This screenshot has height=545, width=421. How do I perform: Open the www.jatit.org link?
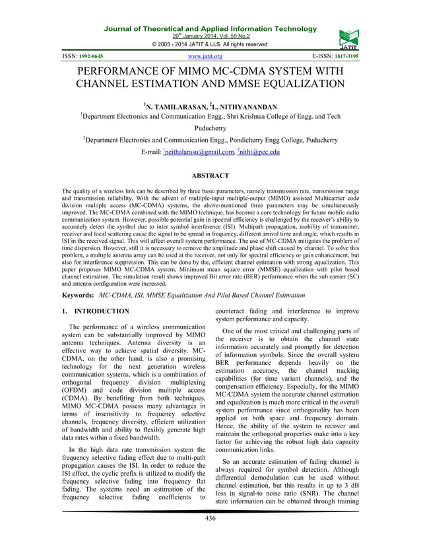pyautogui.click(x=205, y=57)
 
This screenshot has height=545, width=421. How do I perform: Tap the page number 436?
pyautogui.click(x=210, y=518)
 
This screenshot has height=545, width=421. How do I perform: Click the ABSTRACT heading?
pyautogui.click(x=210, y=176)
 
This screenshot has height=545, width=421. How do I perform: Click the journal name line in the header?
pyautogui.click(x=209, y=29)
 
